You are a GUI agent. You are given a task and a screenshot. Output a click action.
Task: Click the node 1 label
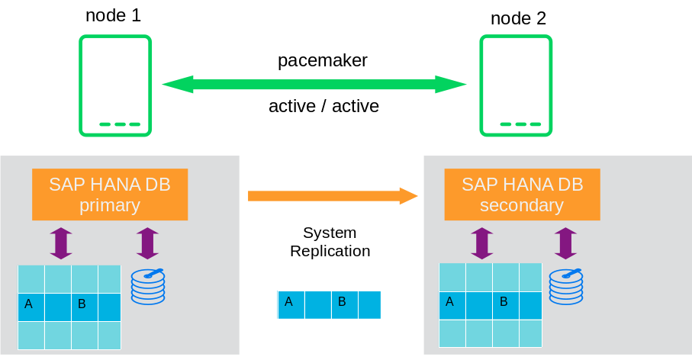pyautogui.click(x=113, y=15)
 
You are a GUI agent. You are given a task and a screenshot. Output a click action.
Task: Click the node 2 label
pyautogui.click(x=518, y=18)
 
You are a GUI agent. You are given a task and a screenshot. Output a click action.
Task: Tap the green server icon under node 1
pyautogui.click(x=115, y=85)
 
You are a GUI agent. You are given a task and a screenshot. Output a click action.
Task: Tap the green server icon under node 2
pyautogui.click(x=516, y=85)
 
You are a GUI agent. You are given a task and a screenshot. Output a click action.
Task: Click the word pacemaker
pyautogui.click(x=322, y=60)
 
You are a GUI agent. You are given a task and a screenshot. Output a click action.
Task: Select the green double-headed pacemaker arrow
pyautogui.click(x=314, y=84)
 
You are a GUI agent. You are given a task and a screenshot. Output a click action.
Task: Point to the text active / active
pyautogui.click(x=323, y=106)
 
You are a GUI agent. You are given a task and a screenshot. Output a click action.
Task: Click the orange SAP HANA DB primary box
pyautogui.click(x=110, y=194)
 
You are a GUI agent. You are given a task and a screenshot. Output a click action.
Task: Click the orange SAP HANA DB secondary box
pyautogui.click(x=522, y=194)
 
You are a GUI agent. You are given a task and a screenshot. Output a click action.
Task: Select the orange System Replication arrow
pyautogui.click(x=333, y=196)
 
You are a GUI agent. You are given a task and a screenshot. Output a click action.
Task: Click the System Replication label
pyautogui.click(x=330, y=242)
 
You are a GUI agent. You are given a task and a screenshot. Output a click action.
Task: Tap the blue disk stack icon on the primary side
pyautogui.click(x=148, y=286)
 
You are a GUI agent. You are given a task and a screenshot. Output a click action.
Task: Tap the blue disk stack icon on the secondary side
pyautogui.click(x=565, y=286)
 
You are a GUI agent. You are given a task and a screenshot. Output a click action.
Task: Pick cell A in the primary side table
pyautogui.click(x=31, y=307)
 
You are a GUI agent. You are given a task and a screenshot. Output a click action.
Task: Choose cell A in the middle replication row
pyautogui.click(x=291, y=304)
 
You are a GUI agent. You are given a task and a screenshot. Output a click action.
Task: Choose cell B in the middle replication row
pyautogui.click(x=344, y=304)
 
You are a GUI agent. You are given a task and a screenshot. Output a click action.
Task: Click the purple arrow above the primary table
pyautogui.click(x=61, y=243)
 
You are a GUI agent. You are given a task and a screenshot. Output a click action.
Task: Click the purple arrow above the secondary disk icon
pyautogui.click(x=565, y=243)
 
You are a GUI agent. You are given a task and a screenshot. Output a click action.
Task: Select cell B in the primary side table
pyautogui.click(x=85, y=307)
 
